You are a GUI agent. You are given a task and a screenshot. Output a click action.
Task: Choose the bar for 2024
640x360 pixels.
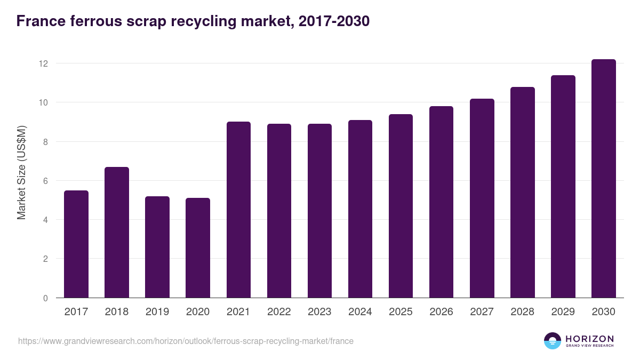click(x=360, y=209)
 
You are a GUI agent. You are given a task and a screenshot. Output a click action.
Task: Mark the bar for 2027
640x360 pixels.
click(x=482, y=198)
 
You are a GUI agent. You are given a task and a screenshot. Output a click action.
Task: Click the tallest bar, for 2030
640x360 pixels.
click(x=603, y=179)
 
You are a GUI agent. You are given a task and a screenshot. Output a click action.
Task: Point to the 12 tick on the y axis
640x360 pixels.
click(x=43, y=63)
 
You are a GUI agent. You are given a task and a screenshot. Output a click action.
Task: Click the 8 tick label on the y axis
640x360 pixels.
click(x=45, y=142)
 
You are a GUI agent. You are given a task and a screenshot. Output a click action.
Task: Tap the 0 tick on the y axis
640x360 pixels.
click(x=45, y=298)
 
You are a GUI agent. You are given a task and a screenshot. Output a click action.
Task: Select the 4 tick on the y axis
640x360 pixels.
click(x=45, y=220)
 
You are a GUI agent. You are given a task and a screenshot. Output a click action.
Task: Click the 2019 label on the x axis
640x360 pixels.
click(x=157, y=312)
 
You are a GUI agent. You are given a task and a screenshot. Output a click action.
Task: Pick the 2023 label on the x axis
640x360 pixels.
click(x=319, y=312)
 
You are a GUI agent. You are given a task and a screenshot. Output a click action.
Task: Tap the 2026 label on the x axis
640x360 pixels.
click(x=441, y=312)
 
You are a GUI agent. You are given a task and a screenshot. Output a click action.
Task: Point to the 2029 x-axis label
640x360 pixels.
click(x=563, y=312)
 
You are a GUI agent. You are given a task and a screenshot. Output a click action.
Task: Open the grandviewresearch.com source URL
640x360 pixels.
click(x=186, y=341)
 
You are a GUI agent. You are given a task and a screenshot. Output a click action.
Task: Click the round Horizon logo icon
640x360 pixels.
click(x=553, y=341)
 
